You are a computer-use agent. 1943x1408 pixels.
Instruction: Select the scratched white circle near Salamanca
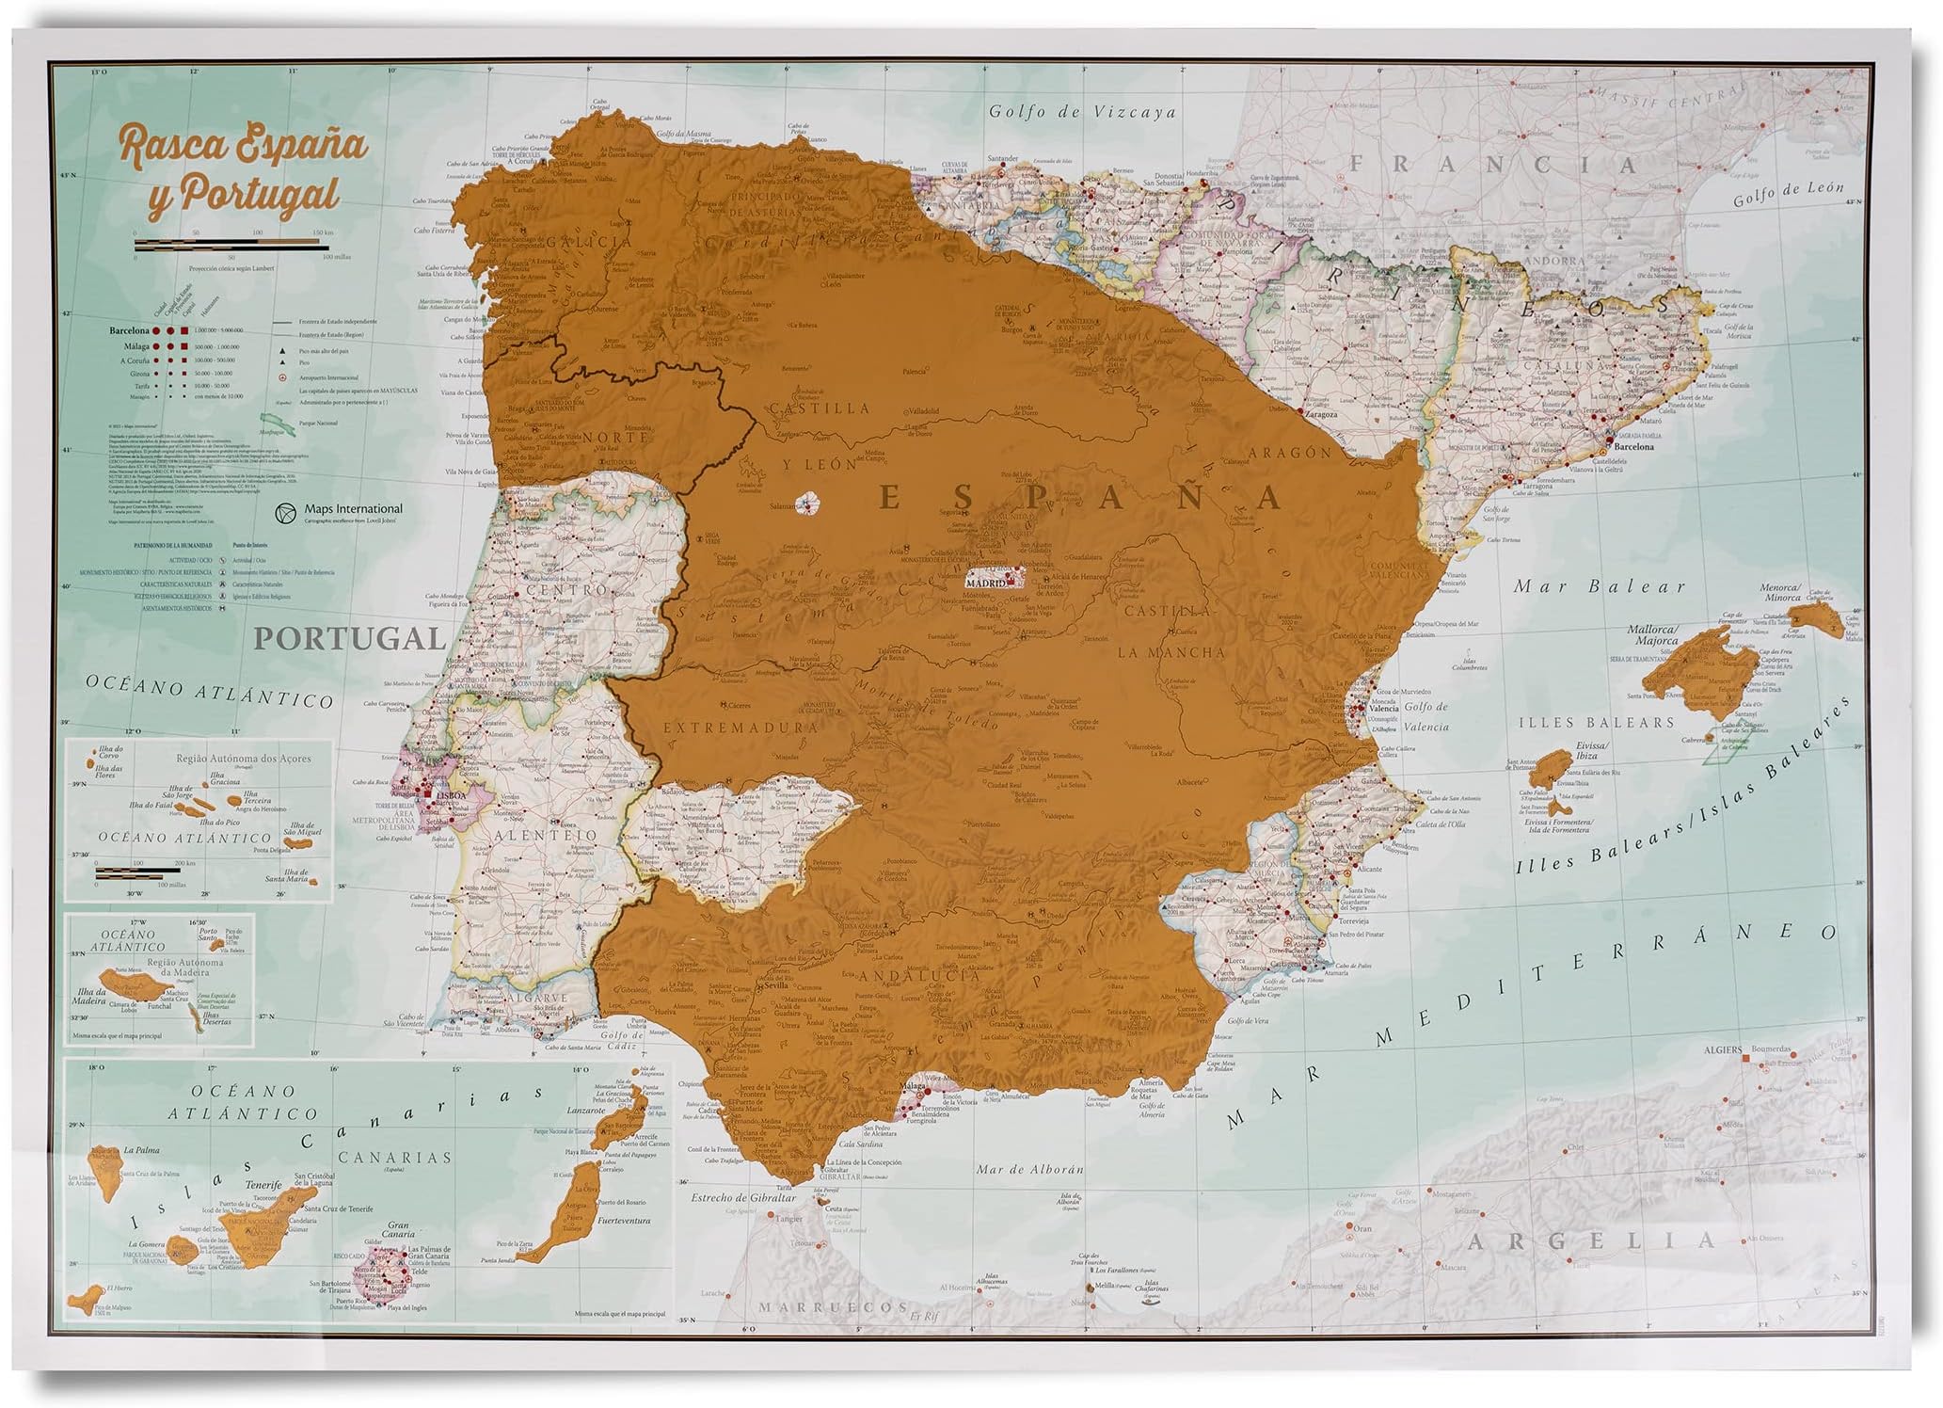[808, 504]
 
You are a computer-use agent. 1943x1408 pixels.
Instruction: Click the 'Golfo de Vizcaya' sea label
[1082, 112]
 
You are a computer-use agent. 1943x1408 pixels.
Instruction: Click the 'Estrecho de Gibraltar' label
[743, 1198]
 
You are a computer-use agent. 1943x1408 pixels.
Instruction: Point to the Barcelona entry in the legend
[129, 331]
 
